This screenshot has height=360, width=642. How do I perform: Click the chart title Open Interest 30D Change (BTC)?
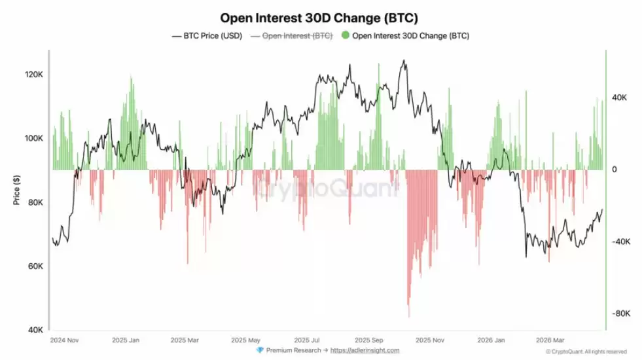[x=319, y=18]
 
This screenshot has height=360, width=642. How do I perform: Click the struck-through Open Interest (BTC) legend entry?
[x=293, y=36]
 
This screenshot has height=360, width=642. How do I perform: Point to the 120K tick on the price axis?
[x=33, y=75]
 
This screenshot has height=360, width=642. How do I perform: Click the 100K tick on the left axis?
[x=33, y=139]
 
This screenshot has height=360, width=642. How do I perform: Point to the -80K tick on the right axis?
[x=620, y=314]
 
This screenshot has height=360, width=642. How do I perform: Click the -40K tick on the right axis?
[x=620, y=242]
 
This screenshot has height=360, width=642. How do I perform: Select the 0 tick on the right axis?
[x=614, y=170]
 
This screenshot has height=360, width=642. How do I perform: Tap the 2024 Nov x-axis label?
[x=64, y=341]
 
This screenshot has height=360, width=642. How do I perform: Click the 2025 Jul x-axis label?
[x=307, y=341]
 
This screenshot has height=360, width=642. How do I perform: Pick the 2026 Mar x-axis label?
[x=550, y=341]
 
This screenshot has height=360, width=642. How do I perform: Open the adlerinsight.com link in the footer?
[x=365, y=351]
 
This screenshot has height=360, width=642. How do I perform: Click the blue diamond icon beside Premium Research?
[x=260, y=351]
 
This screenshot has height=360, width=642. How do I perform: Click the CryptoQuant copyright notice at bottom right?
[x=586, y=351]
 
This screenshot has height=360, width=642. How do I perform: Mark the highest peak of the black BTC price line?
[x=404, y=60]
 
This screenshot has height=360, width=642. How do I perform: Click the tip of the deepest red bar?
[x=409, y=317]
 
